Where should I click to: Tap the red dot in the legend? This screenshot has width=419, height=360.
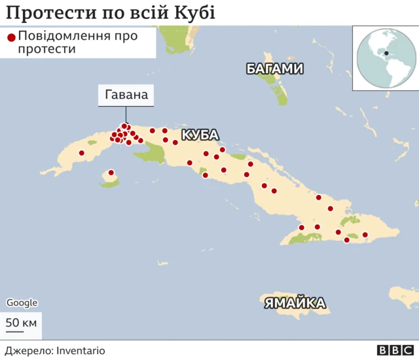point(10,37)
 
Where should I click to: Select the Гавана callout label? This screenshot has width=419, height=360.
point(126,96)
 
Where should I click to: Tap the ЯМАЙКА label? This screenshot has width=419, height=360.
point(295,302)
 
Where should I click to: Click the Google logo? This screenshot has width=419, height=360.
point(22,302)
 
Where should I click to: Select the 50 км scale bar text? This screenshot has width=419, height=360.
point(22,322)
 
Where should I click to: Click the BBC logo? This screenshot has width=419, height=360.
point(392,351)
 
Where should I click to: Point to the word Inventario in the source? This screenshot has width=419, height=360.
point(80,351)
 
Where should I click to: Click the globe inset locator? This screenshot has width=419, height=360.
point(384,58)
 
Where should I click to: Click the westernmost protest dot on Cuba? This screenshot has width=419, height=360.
point(82,153)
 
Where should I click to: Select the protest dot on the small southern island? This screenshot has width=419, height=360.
point(111,173)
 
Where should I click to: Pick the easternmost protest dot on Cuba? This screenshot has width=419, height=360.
point(365,235)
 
